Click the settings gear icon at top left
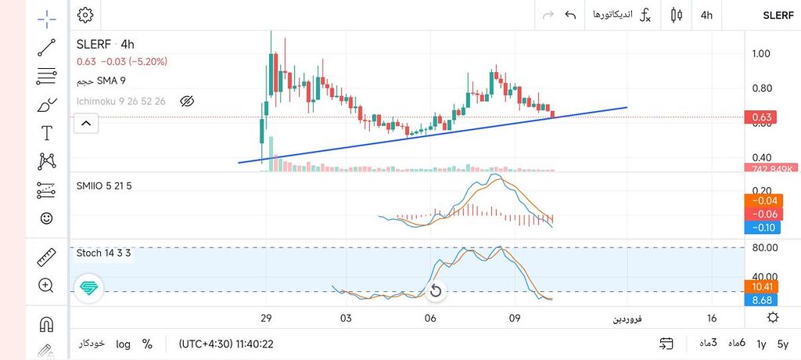pos(85,15)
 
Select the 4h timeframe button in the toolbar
pos(706,15)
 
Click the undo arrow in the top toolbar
pos(570,15)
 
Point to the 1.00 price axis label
pos(761,54)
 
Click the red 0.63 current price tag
pos(762,118)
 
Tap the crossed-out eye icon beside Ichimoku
pos(186,101)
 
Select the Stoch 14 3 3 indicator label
pos(103,253)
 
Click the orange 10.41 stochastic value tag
pos(761,287)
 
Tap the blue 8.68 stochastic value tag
pos(761,300)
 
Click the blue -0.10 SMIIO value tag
pos(761,228)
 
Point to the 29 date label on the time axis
pos(267,319)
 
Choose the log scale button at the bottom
pos(123,344)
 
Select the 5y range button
pos(783,344)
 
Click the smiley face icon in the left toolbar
pos(46,218)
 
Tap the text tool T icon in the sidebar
pos(46,133)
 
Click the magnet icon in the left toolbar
pos(46,323)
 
